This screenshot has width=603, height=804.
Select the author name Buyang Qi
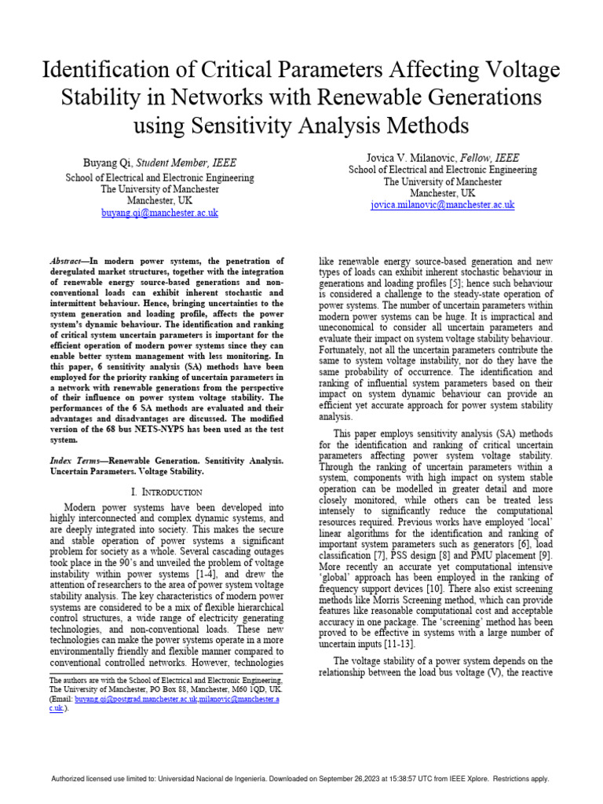(109, 163)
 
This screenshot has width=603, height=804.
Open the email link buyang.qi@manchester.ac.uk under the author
(159, 213)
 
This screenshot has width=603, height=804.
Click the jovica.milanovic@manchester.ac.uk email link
(443, 204)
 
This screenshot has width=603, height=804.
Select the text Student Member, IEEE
(187, 163)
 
